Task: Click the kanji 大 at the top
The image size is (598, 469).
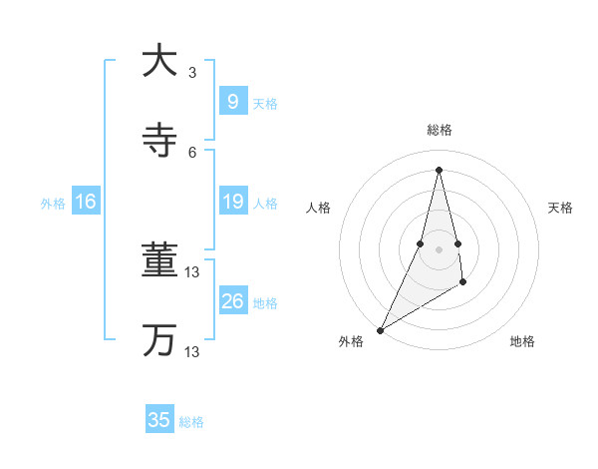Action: [x=158, y=61]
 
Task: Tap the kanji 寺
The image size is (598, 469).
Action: [x=158, y=141]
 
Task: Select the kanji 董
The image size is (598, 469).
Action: [x=158, y=261]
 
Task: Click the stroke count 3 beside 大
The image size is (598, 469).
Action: [x=192, y=72]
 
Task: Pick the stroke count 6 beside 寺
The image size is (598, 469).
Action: [x=192, y=152]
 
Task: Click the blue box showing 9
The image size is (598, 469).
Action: [x=232, y=102]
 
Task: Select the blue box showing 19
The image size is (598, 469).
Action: [x=232, y=203]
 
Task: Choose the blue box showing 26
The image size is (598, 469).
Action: [x=232, y=301]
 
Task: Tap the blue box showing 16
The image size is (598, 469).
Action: [x=86, y=203]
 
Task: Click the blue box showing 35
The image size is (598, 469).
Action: [x=159, y=420]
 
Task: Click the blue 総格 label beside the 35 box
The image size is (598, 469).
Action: [x=191, y=422]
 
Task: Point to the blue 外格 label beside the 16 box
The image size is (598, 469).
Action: [x=53, y=204]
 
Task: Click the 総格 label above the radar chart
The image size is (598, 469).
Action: [x=440, y=130]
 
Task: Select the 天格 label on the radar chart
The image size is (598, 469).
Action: [x=560, y=208]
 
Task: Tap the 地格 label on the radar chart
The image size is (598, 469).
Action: [x=522, y=341]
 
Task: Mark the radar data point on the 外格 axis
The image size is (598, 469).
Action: [x=380, y=330]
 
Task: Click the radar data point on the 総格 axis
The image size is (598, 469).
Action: [x=440, y=169]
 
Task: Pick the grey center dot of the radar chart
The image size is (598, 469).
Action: [x=440, y=249]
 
